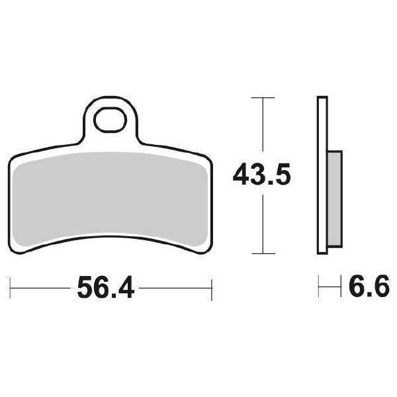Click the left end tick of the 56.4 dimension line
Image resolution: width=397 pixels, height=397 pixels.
pos(11,288)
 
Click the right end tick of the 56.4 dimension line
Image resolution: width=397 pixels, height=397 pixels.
pos(210,288)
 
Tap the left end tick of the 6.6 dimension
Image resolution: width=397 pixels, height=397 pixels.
pos(319,288)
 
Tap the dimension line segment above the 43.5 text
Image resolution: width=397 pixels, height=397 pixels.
pos(263,129)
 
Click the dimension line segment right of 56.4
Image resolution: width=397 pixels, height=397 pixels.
pos(175,288)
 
